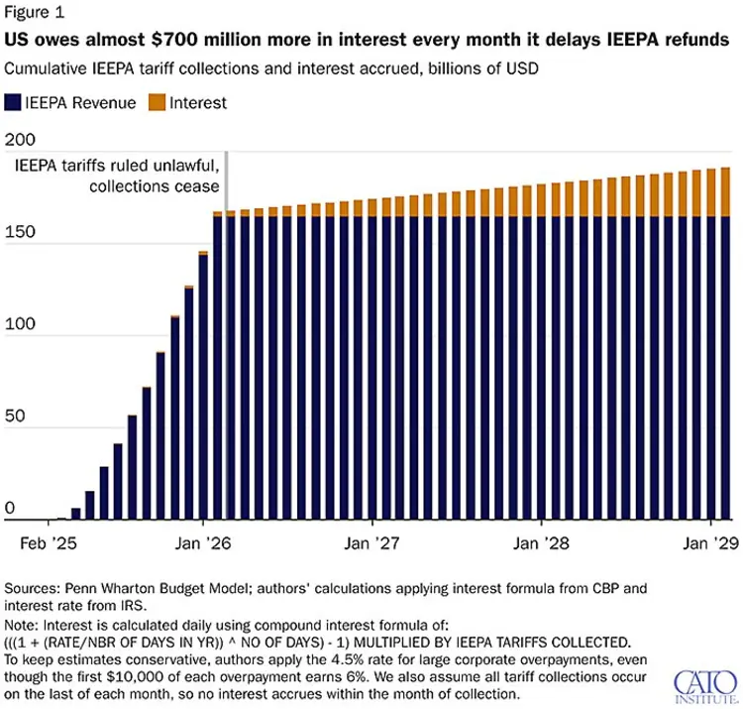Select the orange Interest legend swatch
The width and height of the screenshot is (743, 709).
point(155,103)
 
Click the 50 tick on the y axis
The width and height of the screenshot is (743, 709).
point(18,417)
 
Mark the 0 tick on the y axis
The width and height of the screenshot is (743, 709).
point(12,509)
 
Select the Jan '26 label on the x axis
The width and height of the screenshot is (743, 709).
point(203,543)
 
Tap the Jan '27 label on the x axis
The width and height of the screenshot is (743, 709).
point(371,543)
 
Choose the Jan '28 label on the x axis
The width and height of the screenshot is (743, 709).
point(541,543)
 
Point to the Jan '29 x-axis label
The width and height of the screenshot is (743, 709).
point(710,543)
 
